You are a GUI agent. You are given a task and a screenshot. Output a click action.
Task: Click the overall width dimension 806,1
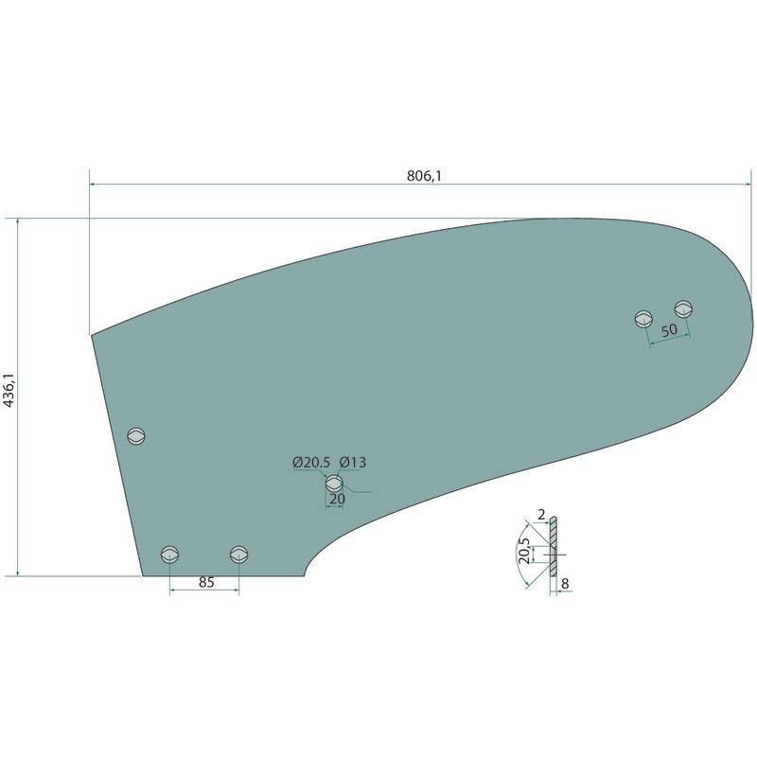click(424, 176)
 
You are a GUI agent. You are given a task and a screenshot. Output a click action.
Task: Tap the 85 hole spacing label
click(206, 582)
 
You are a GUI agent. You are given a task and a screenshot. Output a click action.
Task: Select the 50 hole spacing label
click(669, 330)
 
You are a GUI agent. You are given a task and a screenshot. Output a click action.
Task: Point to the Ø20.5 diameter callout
click(311, 463)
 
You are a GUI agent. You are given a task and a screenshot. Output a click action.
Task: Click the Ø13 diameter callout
click(352, 463)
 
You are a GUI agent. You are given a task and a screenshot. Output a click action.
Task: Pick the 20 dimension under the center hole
click(337, 499)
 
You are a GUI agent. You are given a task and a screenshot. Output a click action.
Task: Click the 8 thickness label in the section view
click(565, 584)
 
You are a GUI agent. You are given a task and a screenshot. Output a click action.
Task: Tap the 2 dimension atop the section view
click(541, 515)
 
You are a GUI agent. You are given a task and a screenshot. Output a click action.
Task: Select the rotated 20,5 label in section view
click(524, 551)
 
